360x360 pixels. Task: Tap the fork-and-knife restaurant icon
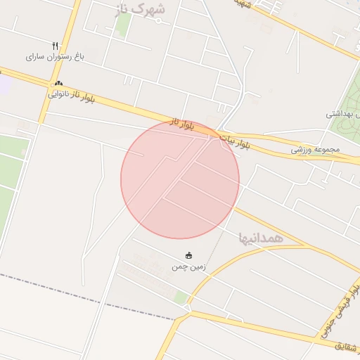54,46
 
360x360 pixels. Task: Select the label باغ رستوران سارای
54,56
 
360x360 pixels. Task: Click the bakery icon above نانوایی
59,82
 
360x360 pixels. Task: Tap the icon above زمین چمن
188,255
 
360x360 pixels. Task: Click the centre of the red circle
180,180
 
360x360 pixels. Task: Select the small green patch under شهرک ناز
124,26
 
